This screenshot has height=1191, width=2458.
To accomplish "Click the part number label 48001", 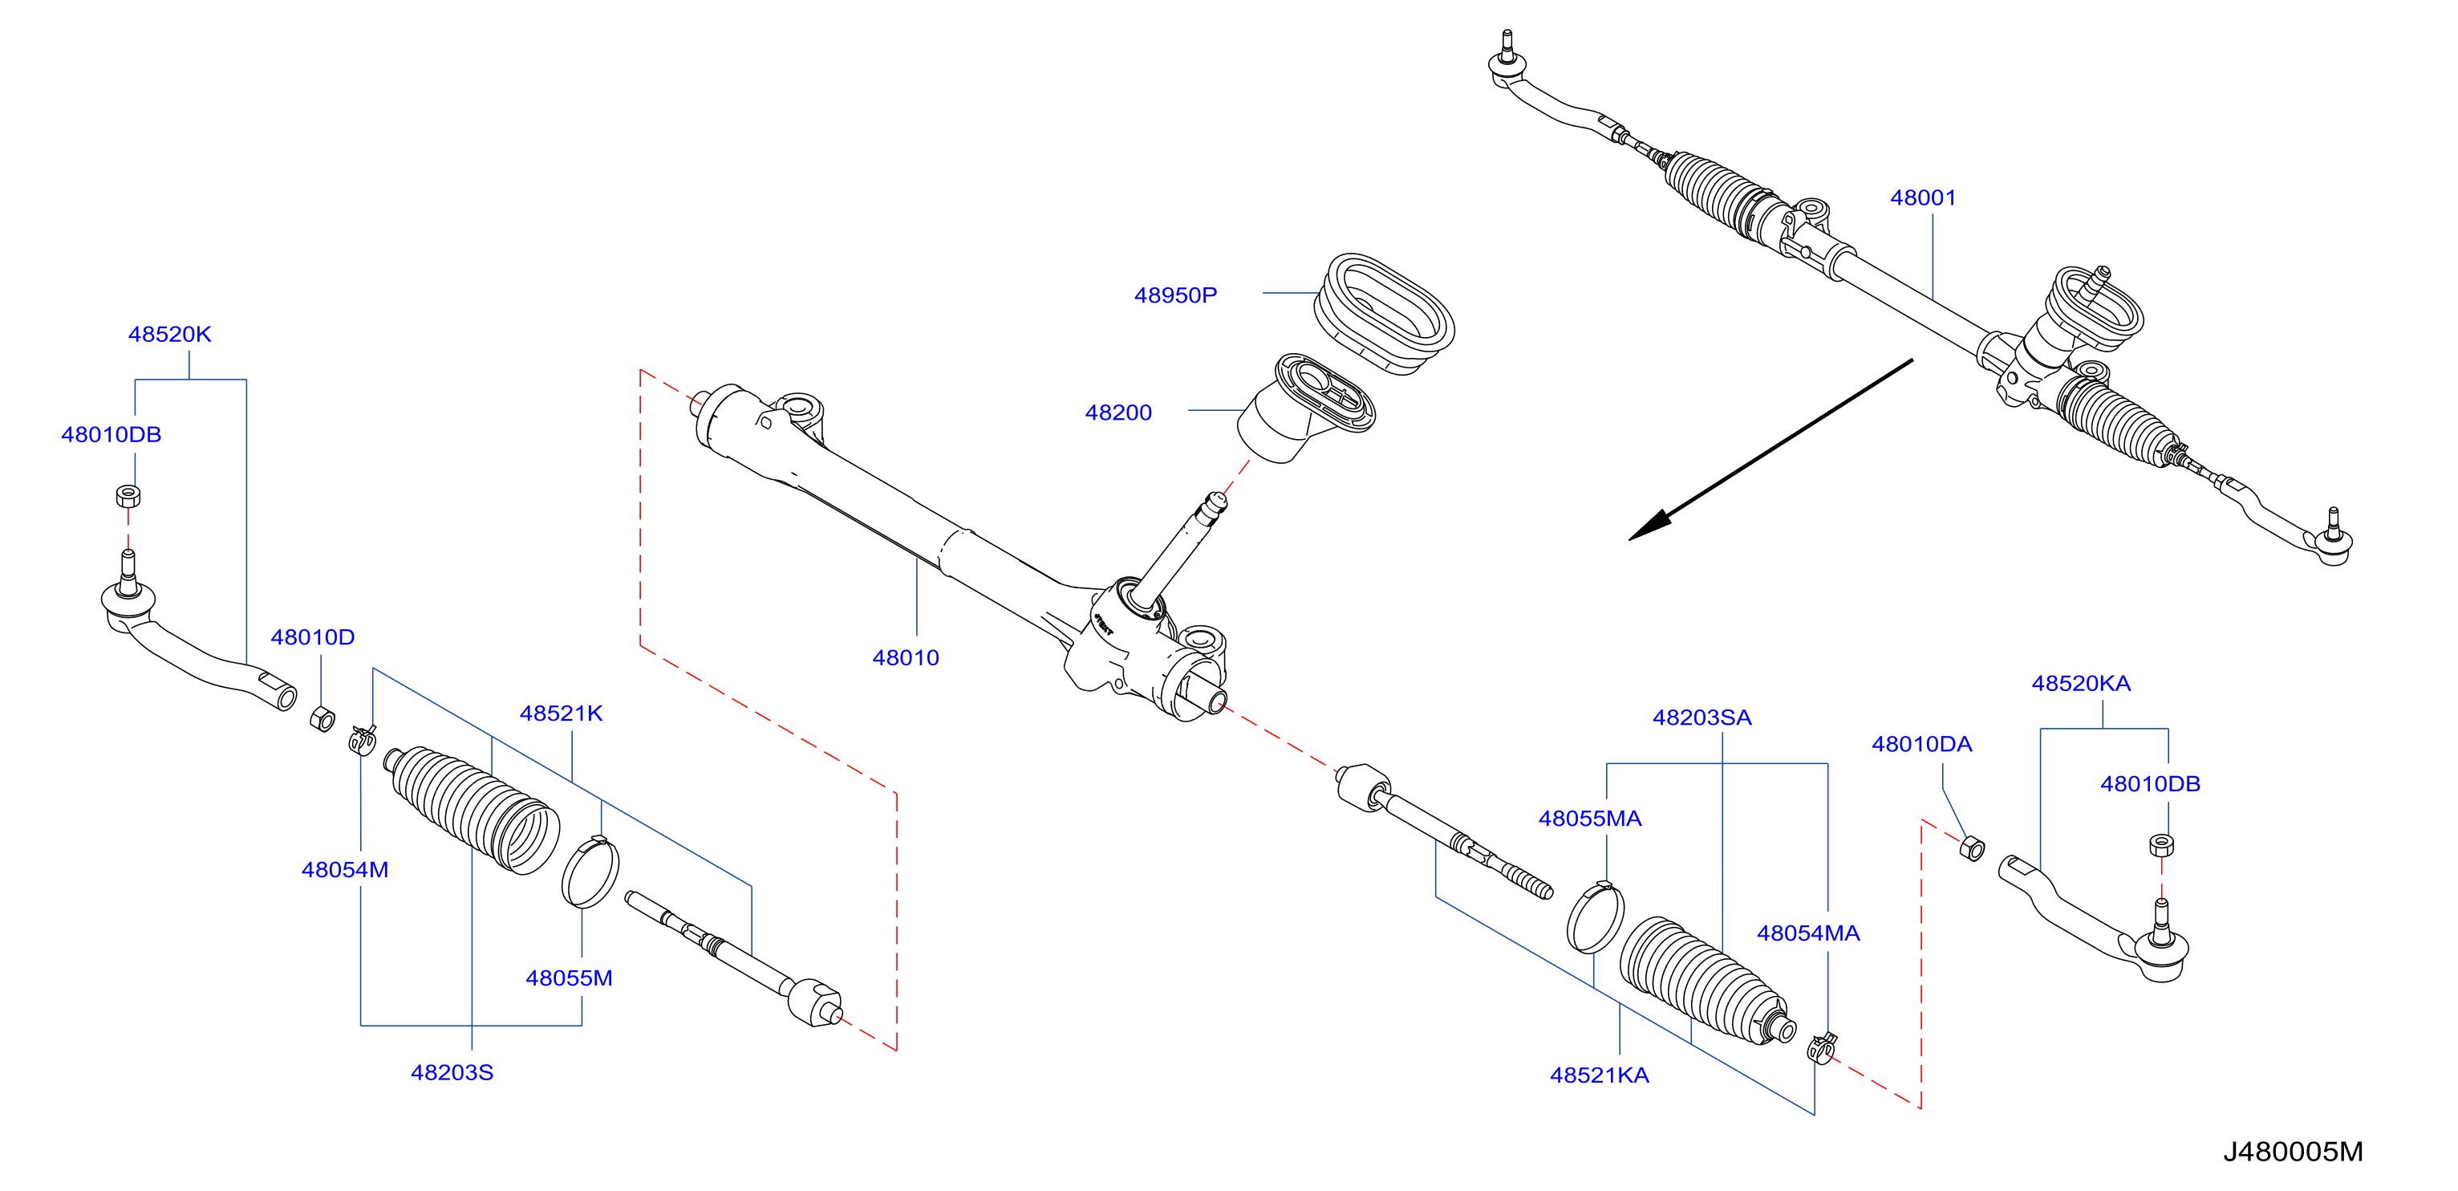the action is [1923, 197].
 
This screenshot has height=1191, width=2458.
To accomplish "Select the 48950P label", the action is [1174, 295].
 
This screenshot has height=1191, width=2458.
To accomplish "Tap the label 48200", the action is [1117, 413].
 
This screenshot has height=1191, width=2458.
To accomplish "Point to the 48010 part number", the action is [906, 657].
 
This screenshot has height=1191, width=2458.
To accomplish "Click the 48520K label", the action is [170, 334].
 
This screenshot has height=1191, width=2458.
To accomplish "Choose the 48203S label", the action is [452, 1073].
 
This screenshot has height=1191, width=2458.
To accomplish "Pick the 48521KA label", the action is [1600, 1075].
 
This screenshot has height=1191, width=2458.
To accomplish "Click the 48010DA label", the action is [1922, 745].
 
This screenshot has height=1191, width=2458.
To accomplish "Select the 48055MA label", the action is [1590, 819].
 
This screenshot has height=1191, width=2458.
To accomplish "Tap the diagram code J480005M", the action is [2293, 1152].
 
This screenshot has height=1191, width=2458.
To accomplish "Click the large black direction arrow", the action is [1770, 449].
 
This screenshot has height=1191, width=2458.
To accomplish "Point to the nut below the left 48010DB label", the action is [128, 496].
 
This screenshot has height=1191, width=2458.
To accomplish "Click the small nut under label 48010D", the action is [322, 718].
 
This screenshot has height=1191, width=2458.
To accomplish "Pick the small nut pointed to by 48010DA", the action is [1971, 848].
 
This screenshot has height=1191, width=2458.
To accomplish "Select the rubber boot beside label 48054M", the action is [472, 807].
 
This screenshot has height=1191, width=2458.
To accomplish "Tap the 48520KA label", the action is [2080, 683].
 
